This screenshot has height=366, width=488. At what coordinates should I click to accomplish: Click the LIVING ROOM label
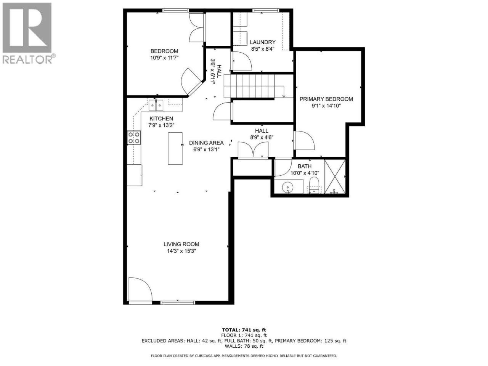pos(181,244)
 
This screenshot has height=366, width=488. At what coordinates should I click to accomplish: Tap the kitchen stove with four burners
pos(134,138)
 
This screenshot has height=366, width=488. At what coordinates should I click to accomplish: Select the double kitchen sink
pos(156,105)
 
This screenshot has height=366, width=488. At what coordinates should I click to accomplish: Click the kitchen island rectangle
pos(175,148)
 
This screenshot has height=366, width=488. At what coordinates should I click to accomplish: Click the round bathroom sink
pos(287,188)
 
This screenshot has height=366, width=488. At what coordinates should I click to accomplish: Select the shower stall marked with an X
pos(335,177)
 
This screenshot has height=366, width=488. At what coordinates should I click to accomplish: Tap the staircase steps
pos(249,86)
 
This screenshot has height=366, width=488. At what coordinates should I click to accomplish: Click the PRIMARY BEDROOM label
pos(326,99)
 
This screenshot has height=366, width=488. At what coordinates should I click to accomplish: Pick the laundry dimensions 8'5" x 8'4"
pos(263,49)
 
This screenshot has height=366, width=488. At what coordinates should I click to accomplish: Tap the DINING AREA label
pos(206,143)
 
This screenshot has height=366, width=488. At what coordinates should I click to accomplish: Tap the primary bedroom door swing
pos(304,140)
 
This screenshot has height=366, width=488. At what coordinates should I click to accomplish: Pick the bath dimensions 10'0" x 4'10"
pos(305,173)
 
